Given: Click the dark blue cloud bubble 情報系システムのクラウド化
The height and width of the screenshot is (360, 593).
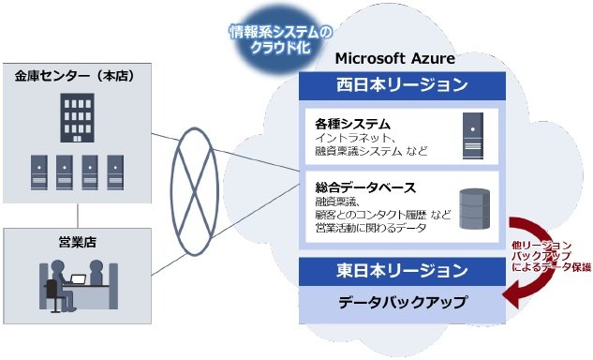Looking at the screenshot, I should coord(281,41).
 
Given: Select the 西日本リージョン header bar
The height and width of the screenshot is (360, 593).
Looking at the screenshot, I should coord(402,85).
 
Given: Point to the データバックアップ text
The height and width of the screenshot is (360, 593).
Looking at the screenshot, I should coord(402,302).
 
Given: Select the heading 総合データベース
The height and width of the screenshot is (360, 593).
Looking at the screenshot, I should coord(366,187).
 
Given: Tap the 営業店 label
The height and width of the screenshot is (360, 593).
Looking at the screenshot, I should coord(77,241).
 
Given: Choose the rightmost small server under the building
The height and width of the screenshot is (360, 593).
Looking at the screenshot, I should coord(115,172).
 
